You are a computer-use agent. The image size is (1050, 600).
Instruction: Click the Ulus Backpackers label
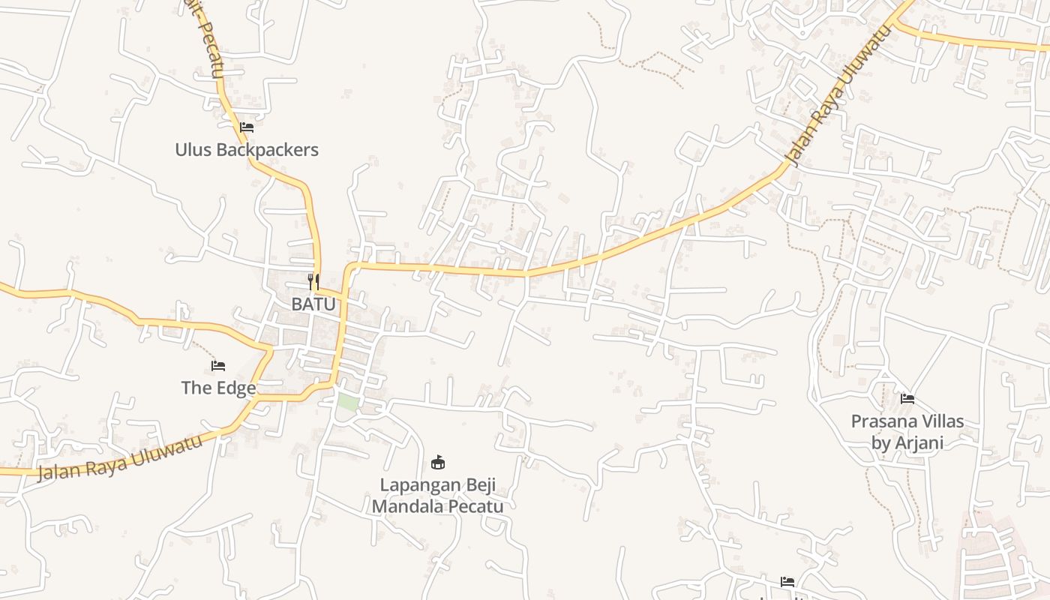(247, 150)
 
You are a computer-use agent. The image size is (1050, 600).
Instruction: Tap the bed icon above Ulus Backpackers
(247, 127)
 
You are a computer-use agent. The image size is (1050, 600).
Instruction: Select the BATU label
(313, 304)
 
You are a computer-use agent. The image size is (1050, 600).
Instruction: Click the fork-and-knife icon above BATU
(313, 283)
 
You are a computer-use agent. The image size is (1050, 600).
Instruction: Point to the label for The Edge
(218, 388)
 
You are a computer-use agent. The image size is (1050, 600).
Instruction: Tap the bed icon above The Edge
(218, 366)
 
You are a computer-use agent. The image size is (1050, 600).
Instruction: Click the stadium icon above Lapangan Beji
(438, 462)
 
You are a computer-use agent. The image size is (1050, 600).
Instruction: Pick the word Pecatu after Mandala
(477, 506)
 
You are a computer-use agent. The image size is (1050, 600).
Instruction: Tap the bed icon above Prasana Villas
(907, 399)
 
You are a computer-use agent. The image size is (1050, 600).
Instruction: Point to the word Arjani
(916, 443)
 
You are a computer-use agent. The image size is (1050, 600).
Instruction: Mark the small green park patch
(347, 401)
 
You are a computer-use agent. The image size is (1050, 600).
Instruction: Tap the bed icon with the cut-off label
(787, 582)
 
